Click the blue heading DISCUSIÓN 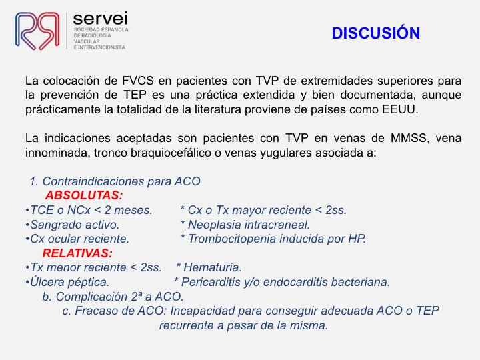tap(375, 33)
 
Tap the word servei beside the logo tap(101, 19)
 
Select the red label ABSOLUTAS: tap(84, 195)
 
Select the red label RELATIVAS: tap(77, 253)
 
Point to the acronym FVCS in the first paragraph tap(138, 81)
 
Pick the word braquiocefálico tap(171, 153)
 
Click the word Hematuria tap(213, 267)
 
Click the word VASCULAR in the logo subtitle tap(87, 41)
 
